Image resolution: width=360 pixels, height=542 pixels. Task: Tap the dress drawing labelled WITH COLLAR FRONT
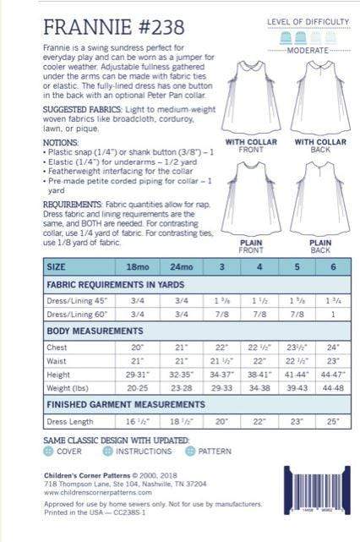pos(247,101)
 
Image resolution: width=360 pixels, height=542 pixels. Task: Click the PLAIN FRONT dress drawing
pos(247,189)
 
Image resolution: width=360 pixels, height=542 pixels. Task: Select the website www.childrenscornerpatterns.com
pos(97,492)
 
